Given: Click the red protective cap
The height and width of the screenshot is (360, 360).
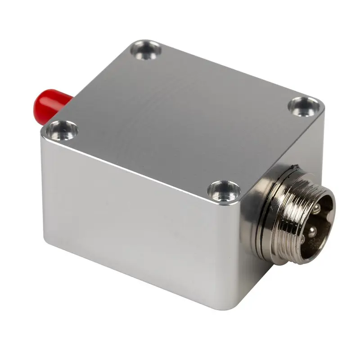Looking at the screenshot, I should tap(49, 107).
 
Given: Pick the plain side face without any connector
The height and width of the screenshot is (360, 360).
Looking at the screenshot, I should tap(135, 216).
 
